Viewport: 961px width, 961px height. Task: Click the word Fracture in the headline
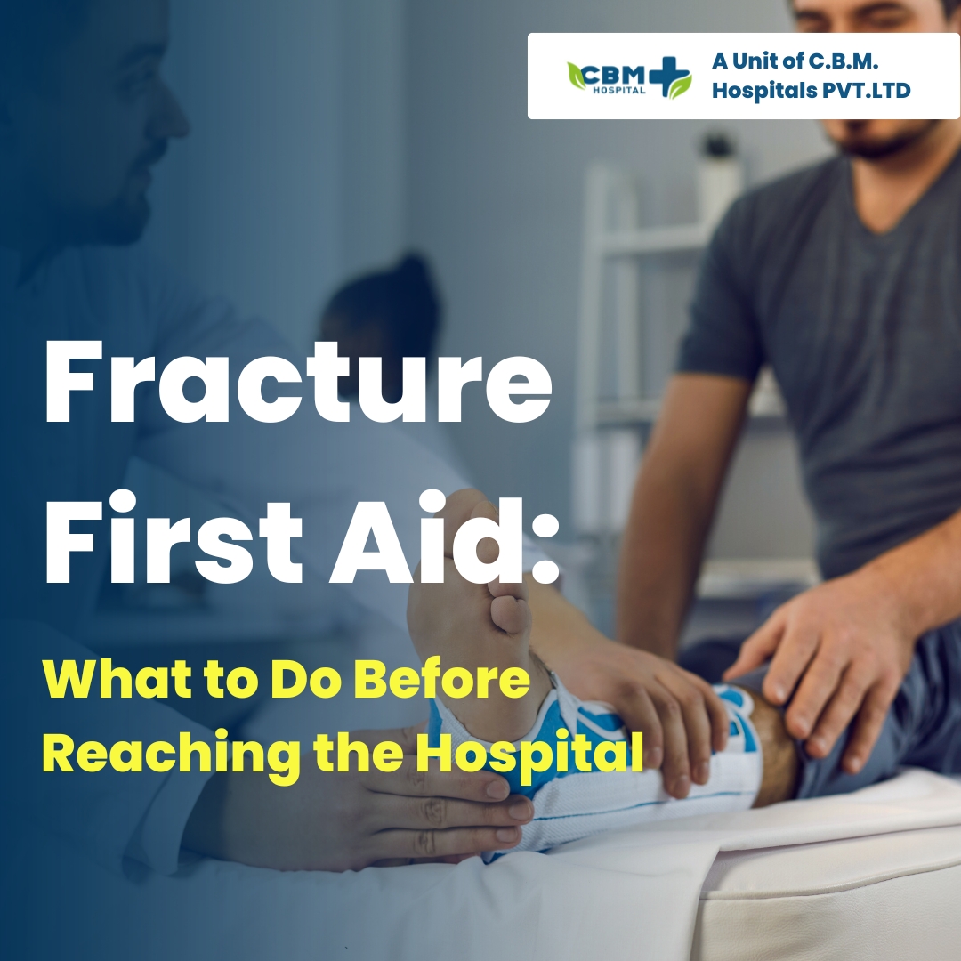(x=298, y=382)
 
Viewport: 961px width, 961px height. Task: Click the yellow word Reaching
(x=172, y=754)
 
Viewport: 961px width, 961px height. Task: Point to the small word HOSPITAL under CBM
(x=619, y=91)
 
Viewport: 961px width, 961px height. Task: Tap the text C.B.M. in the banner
(x=844, y=61)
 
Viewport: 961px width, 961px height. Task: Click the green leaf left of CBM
(x=576, y=76)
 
